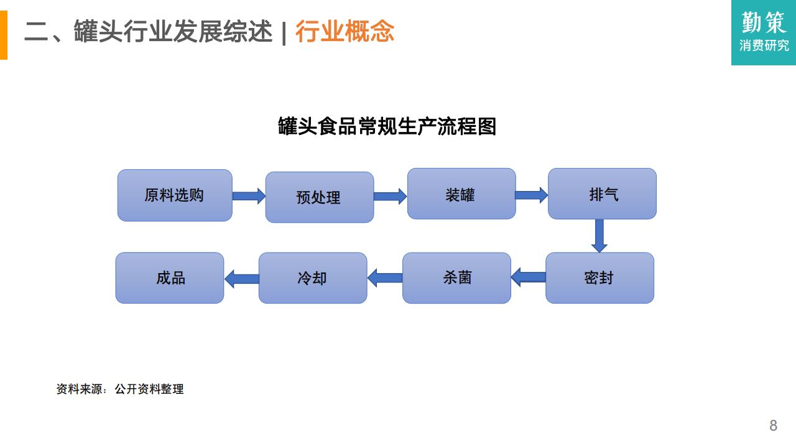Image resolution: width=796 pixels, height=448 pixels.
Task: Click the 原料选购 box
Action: tap(175, 195)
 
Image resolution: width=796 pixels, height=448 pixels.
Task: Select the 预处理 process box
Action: tap(320, 197)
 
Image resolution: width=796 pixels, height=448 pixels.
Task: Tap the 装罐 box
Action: tap(461, 194)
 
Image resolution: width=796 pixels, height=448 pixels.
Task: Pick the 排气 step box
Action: tap(602, 194)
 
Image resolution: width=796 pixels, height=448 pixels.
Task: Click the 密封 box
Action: tap(599, 278)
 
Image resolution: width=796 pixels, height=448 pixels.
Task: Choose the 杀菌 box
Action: tap(456, 278)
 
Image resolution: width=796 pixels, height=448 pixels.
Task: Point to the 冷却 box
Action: tap(313, 278)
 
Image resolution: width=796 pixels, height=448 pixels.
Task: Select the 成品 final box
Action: tap(170, 278)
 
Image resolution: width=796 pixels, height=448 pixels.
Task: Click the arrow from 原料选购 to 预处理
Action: tap(249, 196)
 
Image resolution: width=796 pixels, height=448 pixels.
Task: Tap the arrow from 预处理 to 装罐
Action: tap(390, 196)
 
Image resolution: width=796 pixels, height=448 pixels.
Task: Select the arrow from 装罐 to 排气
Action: tap(532, 195)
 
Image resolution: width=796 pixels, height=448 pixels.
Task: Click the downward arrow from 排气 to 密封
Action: tap(599, 236)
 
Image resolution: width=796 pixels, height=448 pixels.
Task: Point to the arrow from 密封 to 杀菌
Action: tap(529, 278)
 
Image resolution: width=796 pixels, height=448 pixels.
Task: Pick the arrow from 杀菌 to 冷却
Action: tap(385, 278)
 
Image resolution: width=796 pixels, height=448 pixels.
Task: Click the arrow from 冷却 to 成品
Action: tap(242, 279)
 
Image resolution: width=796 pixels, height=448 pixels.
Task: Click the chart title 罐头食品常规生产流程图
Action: tap(387, 126)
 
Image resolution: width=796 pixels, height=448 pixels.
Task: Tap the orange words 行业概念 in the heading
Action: tap(345, 31)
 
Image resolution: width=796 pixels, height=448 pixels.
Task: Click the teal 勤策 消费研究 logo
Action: tap(764, 32)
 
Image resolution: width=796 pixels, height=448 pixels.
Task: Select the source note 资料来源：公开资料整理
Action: tap(120, 389)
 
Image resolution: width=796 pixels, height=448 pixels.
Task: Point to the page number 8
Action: tap(773, 426)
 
